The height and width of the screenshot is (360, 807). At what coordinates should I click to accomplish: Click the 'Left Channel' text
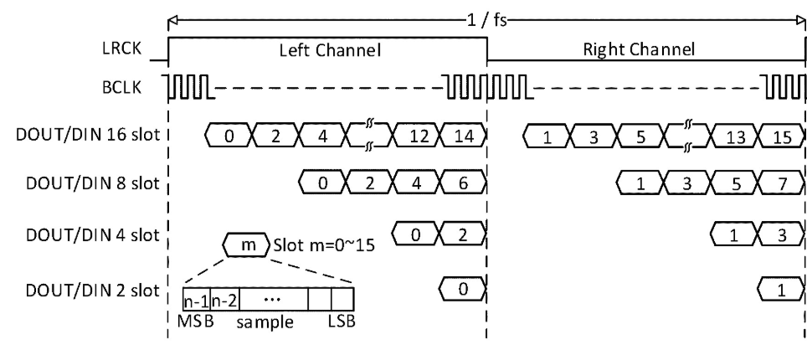tap(331, 51)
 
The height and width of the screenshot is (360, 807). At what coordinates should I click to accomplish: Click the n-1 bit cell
tap(195, 299)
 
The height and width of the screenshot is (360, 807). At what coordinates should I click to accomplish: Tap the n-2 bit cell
tap(220, 299)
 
